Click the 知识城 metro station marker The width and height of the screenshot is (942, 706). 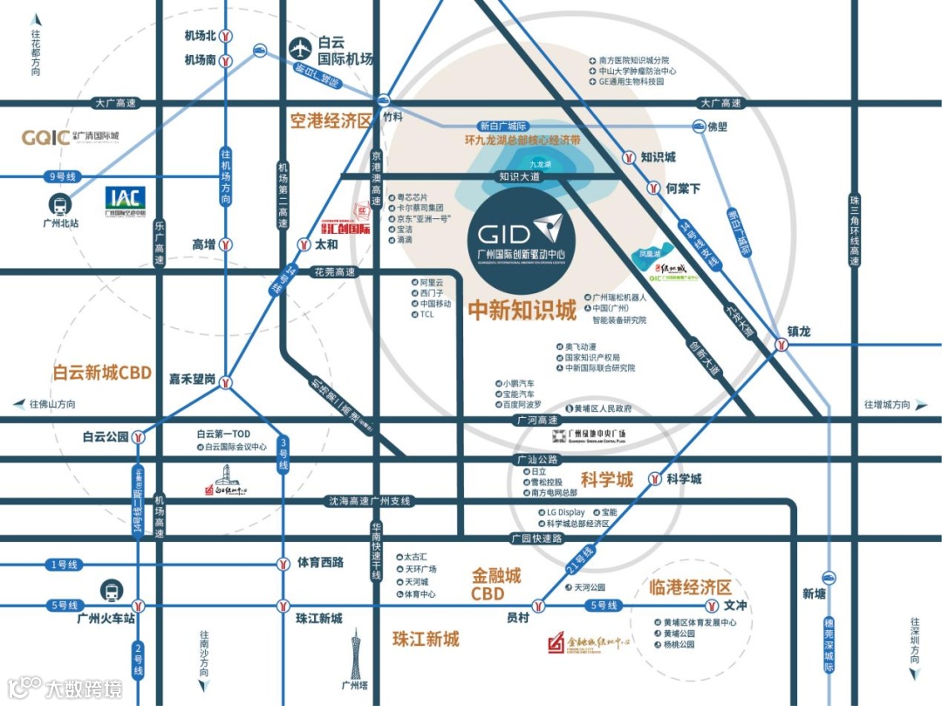point(629,158)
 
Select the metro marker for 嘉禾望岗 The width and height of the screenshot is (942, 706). point(225,380)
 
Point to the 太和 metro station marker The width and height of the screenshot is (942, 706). point(304,245)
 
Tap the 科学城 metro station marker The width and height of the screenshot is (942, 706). point(653,478)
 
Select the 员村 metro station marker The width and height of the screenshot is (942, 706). point(540,605)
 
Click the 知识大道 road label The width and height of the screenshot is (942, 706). point(521,177)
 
